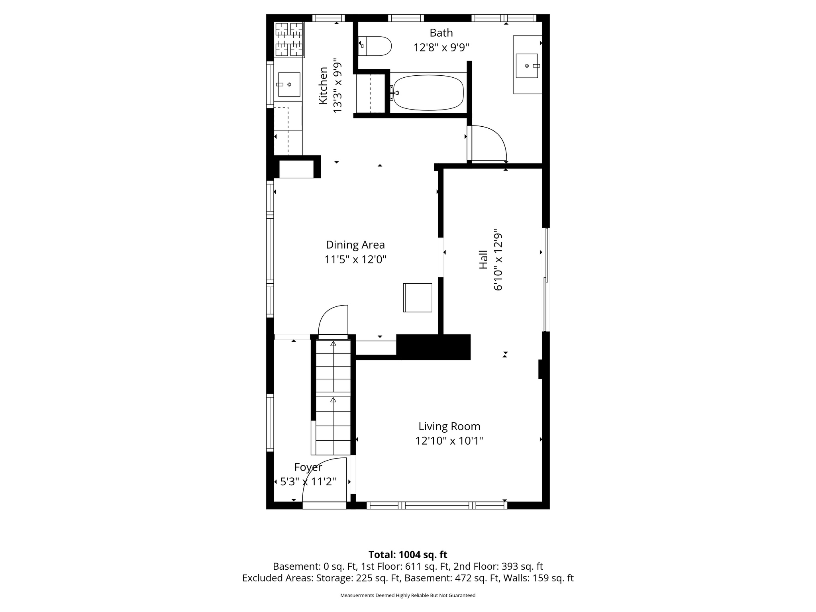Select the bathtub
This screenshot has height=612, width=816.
click(428, 93)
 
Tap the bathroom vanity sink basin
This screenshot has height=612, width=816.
click(527, 66)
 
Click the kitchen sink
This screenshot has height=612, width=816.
click(289, 84)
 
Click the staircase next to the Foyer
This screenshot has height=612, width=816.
click(333, 397)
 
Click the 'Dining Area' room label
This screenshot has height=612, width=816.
click(355, 245)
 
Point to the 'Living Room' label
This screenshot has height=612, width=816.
click(449, 426)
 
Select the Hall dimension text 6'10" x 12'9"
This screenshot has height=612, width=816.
click(498, 260)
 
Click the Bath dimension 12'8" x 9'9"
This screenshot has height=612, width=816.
click(441, 48)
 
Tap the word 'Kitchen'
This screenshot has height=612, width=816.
click(323, 86)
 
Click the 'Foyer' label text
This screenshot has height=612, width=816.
click(308, 467)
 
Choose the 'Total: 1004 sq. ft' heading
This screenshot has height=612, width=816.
click(408, 555)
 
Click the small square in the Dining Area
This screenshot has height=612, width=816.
click(418, 298)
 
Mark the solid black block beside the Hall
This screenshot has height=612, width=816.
click(433, 347)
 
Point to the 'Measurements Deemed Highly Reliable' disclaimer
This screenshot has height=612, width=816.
click(408, 595)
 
